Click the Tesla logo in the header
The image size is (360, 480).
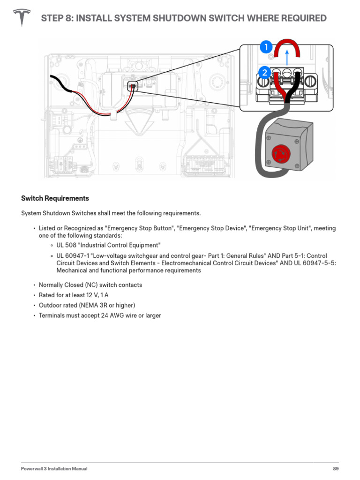[x=21, y=18]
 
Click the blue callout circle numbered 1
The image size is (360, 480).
[x=265, y=47]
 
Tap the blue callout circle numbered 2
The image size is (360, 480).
[x=264, y=73]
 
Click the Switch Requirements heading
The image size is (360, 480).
[x=55, y=198]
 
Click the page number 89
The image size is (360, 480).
[x=336, y=469]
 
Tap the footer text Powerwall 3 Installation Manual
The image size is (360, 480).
[x=54, y=469]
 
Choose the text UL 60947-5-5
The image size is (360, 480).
[x=315, y=263]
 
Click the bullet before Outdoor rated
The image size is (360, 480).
[x=34, y=306]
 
